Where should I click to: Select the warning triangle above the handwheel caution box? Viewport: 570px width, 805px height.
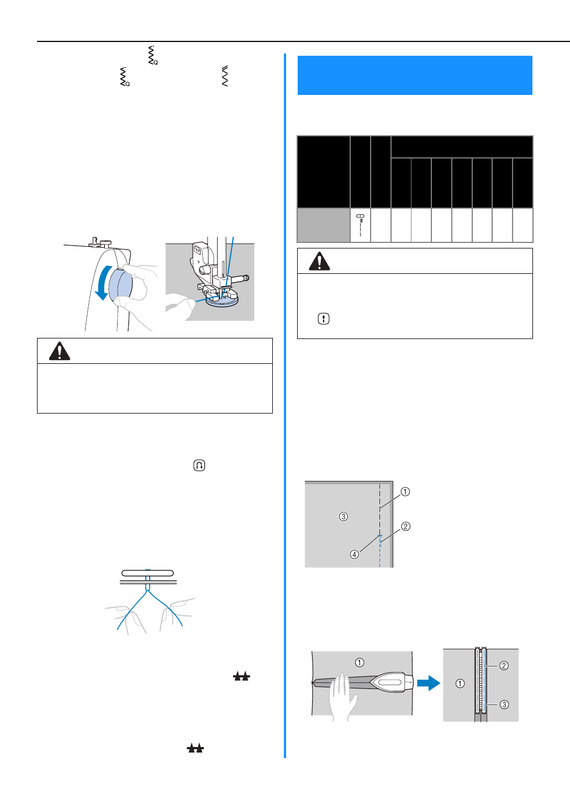click(x=60, y=351)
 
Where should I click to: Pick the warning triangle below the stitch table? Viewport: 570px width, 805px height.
click(x=319, y=261)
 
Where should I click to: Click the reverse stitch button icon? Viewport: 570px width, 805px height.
click(x=199, y=465)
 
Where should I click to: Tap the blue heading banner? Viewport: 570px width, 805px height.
click(x=415, y=75)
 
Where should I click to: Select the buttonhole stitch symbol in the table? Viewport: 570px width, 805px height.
click(x=361, y=225)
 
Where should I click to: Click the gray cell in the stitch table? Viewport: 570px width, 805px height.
click(x=324, y=225)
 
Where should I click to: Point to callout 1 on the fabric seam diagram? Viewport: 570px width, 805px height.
click(x=405, y=491)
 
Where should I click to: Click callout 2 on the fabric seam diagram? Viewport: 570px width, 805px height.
click(x=406, y=526)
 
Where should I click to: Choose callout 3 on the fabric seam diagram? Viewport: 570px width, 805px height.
click(x=344, y=517)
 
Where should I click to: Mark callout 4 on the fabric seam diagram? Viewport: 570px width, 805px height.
click(x=355, y=554)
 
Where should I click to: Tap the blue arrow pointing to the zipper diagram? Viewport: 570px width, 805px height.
click(x=428, y=684)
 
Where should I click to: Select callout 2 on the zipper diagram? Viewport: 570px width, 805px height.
click(x=504, y=665)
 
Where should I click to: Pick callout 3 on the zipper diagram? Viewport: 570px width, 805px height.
click(x=504, y=705)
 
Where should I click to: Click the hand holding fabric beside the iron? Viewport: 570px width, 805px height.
click(x=344, y=696)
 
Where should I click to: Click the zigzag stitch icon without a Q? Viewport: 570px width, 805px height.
click(x=225, y=76)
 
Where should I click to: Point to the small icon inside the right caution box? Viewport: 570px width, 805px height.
click(x=324, y=319)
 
